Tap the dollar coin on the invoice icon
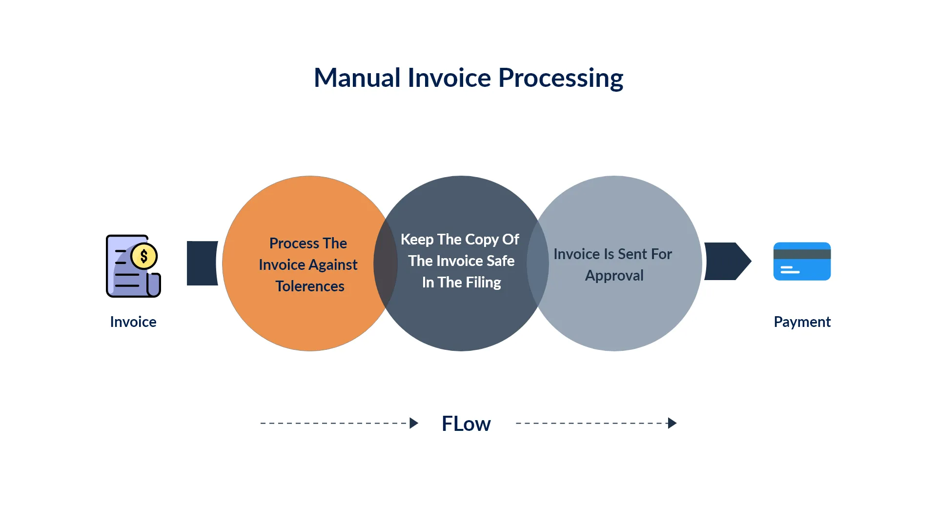coord(144,256)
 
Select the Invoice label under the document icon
coord(133,322)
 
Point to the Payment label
coord(802,322)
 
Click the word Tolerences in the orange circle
coord(310,286)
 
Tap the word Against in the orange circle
coord(333,265)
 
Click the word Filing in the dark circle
coord(483,283)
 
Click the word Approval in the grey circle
coord(614,276)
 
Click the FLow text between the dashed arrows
coord(466,424)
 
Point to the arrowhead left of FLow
coord(414,423)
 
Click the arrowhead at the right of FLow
coord(672,423)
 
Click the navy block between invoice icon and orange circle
coord(202,263)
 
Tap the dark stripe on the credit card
coord(802,254)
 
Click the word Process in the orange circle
coord(294,243)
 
